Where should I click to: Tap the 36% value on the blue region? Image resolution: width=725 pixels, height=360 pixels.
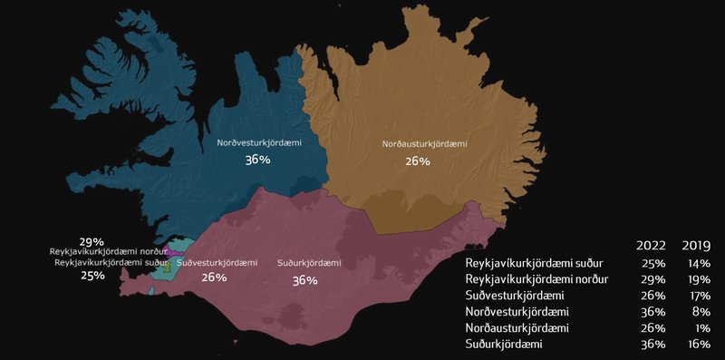click(x=256, y=161)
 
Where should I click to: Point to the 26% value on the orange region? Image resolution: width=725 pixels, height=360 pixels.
click(x=418, y=161)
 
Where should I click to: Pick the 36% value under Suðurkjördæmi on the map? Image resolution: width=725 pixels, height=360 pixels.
click(x=304, y=280)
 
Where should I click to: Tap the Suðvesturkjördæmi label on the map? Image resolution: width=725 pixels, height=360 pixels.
click(x=214, y=263)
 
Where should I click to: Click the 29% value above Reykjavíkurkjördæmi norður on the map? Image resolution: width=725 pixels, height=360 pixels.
click(x=92, y=241)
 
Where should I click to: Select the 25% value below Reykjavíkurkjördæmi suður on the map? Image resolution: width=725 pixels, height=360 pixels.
click(x=92, y=276)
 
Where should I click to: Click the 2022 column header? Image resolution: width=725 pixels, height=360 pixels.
click(x=651, y=246)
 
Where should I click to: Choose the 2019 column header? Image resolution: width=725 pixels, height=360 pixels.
click(x=695, y=246)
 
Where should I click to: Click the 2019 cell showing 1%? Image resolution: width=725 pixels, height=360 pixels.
click(x=699, y=327)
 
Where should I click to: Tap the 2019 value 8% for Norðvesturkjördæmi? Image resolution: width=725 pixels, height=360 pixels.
click(x=699, y=311)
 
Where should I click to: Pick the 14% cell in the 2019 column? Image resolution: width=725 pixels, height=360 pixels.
click(x=695, y=262)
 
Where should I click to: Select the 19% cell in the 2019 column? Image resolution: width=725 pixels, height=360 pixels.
click(x=695, y=278)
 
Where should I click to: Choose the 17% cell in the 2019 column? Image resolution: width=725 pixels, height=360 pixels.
click(x=695, y=295)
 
